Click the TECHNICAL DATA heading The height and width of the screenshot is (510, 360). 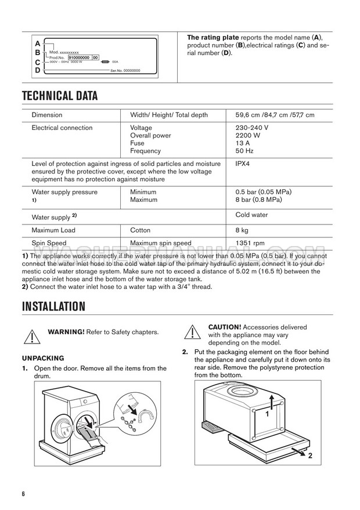coord(59,96)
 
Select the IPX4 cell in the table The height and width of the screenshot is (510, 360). coord(243,164)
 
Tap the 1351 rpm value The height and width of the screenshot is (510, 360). coord(250,243)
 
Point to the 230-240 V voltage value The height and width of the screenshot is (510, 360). coord(252,128)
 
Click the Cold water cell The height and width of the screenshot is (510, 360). coord(251,215)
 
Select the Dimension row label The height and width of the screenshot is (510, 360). coord(47,115)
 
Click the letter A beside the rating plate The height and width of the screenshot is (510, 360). coord(38,44)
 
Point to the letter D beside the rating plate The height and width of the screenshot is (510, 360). coord(38,70)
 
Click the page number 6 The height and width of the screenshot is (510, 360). coord(24,494)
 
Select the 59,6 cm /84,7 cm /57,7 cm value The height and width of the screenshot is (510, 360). coord(275,115)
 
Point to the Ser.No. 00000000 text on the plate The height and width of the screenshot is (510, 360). coord(125,70)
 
